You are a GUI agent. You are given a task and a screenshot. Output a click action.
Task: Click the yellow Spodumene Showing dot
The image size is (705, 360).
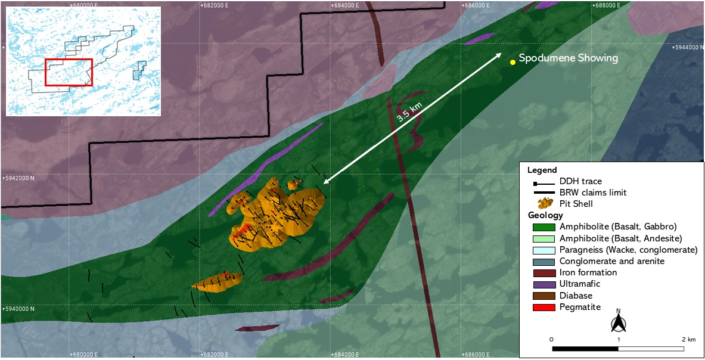(x=513, y=62)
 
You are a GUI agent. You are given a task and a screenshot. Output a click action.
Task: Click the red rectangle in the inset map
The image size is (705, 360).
(x=69, y=72)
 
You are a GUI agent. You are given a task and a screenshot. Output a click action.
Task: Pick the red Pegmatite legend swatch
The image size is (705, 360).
(x=543, y=307)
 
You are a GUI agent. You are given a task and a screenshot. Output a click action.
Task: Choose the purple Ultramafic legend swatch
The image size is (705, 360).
(x=543, y=284)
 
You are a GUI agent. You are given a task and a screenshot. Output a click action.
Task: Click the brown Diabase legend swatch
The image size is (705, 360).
(x=543, y=296)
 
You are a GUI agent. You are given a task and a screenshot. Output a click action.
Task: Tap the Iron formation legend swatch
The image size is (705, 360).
(x=543, y=273)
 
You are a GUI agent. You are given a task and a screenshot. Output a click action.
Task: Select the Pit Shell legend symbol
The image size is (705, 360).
(x=543, y=203)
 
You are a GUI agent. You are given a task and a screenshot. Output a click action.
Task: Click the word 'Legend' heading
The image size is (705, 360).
(x=542, y=170)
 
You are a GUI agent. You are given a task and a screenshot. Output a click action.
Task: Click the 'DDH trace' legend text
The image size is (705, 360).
(x=580, y=181)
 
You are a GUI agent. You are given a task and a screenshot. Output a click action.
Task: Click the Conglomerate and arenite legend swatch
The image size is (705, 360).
(x=543, y=261)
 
